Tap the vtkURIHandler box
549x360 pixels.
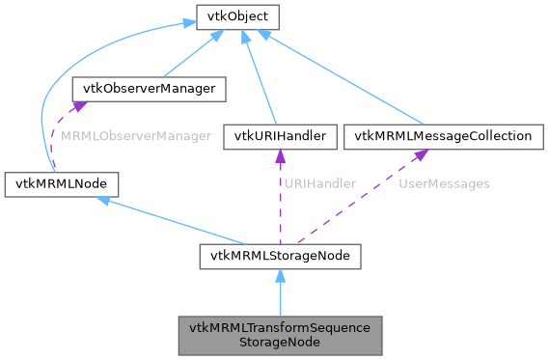tap(279, 136)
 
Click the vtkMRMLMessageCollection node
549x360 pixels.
tap(443, 136)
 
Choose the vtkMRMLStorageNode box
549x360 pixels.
tap(280, 256)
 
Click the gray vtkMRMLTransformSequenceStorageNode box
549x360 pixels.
tap(280, 333)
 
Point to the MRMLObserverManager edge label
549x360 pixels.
tap(135, 136)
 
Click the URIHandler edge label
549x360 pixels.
tap(322, 182)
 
